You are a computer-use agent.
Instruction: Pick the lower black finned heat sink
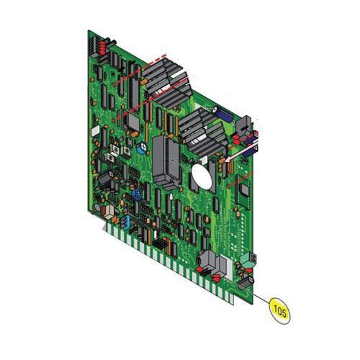(x=202, y=133)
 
